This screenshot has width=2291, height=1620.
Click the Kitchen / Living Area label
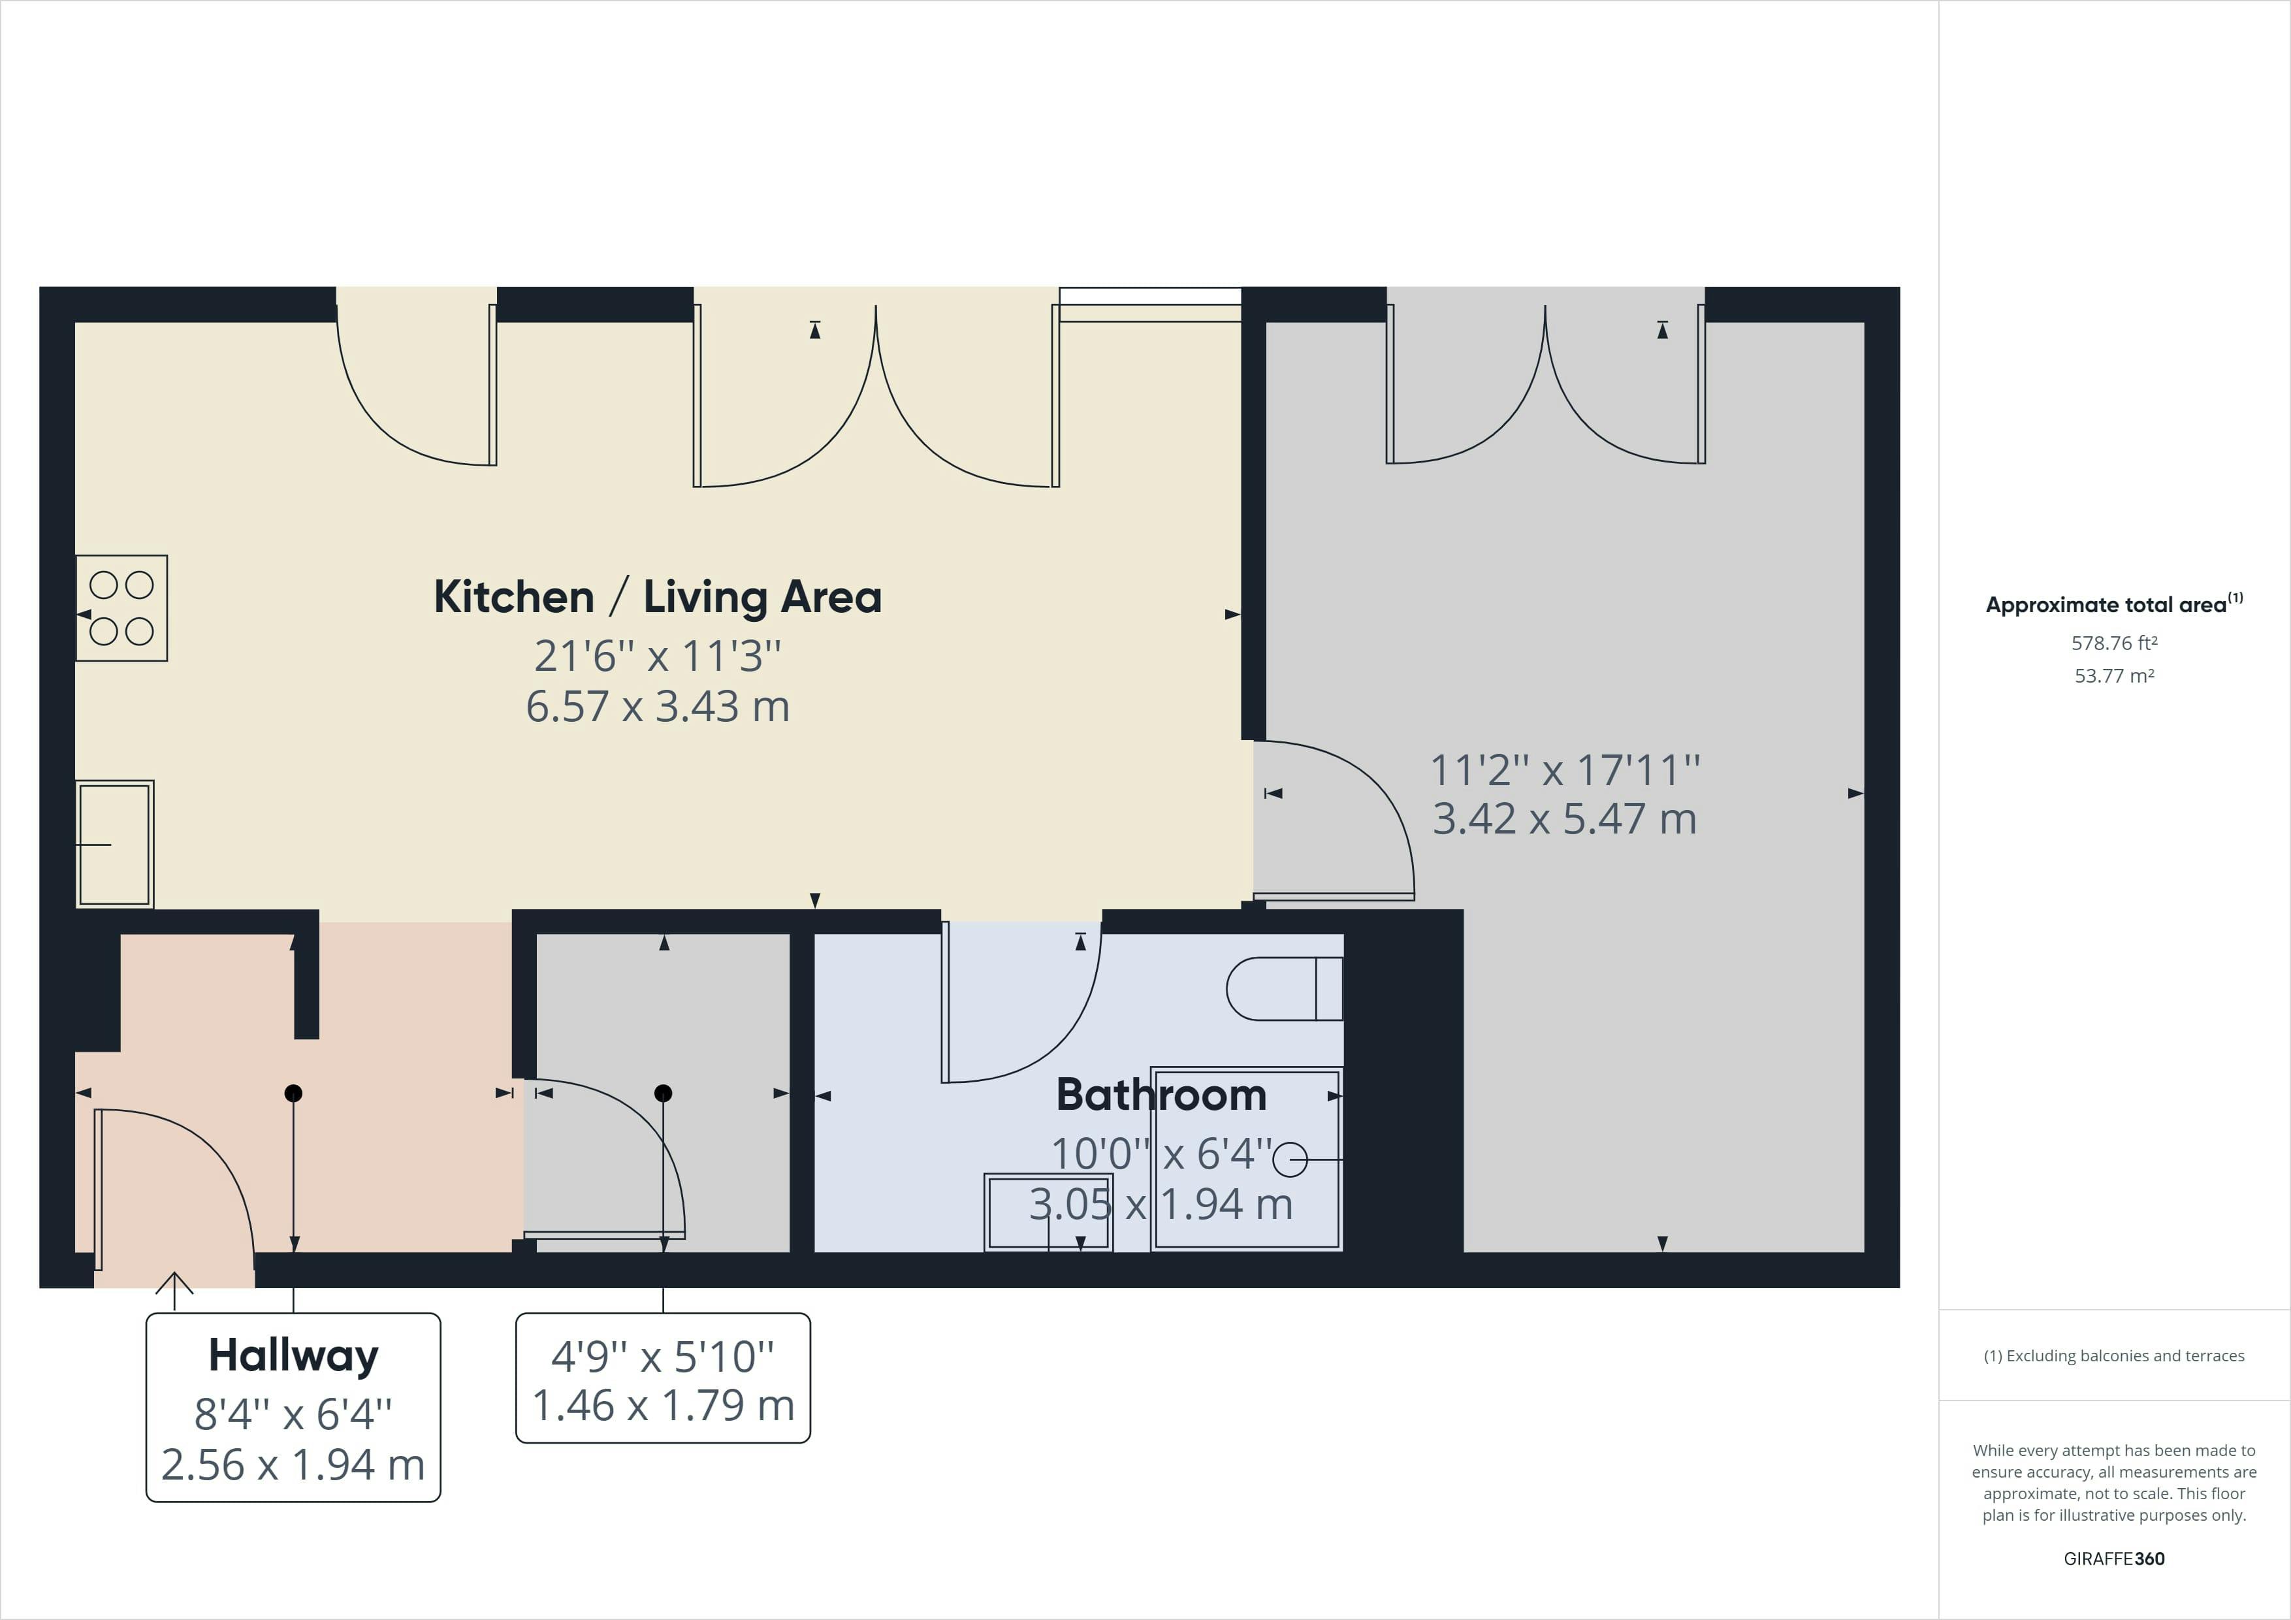(x=658, y=597)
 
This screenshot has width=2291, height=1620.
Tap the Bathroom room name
(x=1161, y=1095)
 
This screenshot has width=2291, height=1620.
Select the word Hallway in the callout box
(x=293, y=1355)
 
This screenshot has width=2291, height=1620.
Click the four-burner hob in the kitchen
(x=121, y=608)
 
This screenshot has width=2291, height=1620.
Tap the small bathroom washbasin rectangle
(x=1049, y=1212)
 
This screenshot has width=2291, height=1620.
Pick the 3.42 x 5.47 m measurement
(x=1565, y=818)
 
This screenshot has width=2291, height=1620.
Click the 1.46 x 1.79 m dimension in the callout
(x=664, y=1405)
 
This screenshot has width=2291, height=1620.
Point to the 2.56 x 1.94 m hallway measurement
(x=293, y=1465)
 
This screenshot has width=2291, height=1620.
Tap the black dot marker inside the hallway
(x=293, y=1093)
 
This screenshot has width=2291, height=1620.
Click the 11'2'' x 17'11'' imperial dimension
(x=1565, y=769)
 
